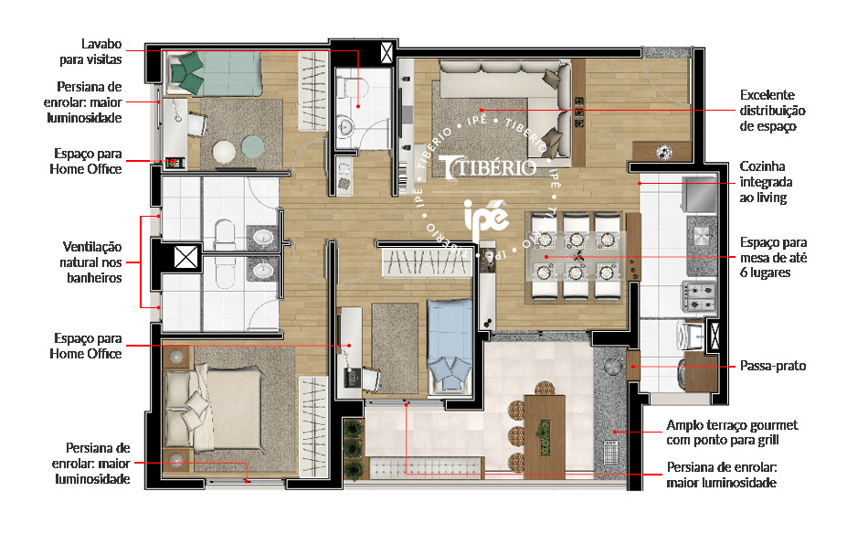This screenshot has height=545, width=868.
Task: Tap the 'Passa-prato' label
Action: (773, 366)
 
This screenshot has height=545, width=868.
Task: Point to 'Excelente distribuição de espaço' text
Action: (768, 111)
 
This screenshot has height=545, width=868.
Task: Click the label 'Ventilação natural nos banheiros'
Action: (92, 262)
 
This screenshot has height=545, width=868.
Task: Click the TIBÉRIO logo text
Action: (485, 169)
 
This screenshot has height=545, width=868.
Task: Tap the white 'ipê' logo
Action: (485, 219)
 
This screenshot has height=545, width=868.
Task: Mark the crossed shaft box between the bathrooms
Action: (185, 257)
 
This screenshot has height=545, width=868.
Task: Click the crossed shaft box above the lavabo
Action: (388, 51)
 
